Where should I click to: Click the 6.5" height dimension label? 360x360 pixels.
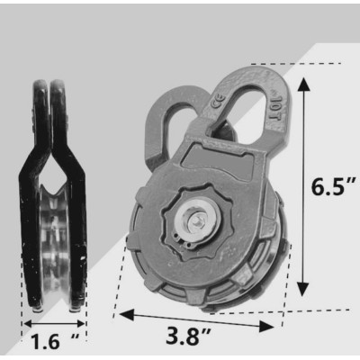[333, 187]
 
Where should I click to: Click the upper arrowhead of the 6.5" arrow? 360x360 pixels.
[304, 85]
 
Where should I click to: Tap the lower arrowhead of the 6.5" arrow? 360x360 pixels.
[304, 290]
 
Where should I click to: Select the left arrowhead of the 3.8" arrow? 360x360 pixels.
[127, 315]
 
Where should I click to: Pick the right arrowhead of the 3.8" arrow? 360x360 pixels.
[266, 327]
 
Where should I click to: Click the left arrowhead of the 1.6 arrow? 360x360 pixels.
[28, 324]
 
